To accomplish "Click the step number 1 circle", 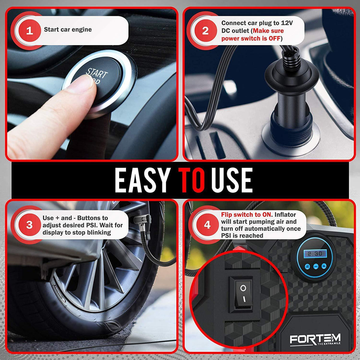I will coord(29,31).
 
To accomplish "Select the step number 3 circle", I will coord(29,225).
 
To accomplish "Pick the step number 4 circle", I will coord(207,225).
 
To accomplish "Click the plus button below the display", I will coord(324,266).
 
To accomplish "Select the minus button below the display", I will coord(316,266).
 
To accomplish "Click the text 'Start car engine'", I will coord(68,29).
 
